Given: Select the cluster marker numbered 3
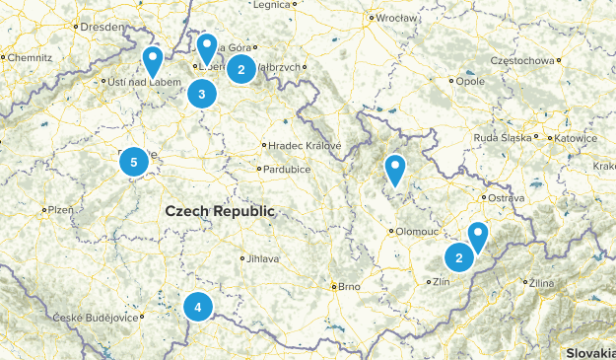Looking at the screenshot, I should coord(201,95).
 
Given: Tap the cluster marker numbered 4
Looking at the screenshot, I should coord(198,308).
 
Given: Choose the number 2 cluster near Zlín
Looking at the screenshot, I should coord(458,258).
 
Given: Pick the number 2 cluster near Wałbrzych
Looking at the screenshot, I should coord(240,69).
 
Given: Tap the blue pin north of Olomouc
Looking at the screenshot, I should coord(395,170).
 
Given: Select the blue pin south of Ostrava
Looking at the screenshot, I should coord(478,236).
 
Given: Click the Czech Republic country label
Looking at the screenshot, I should coord(221,211).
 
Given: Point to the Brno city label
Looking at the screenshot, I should coord(348,287).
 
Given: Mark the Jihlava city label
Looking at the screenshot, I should coord(263,258).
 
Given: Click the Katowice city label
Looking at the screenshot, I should coord(576,139).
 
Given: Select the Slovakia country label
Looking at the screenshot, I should coord(589,352).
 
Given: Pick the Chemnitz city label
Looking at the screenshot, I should coord(31,58).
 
